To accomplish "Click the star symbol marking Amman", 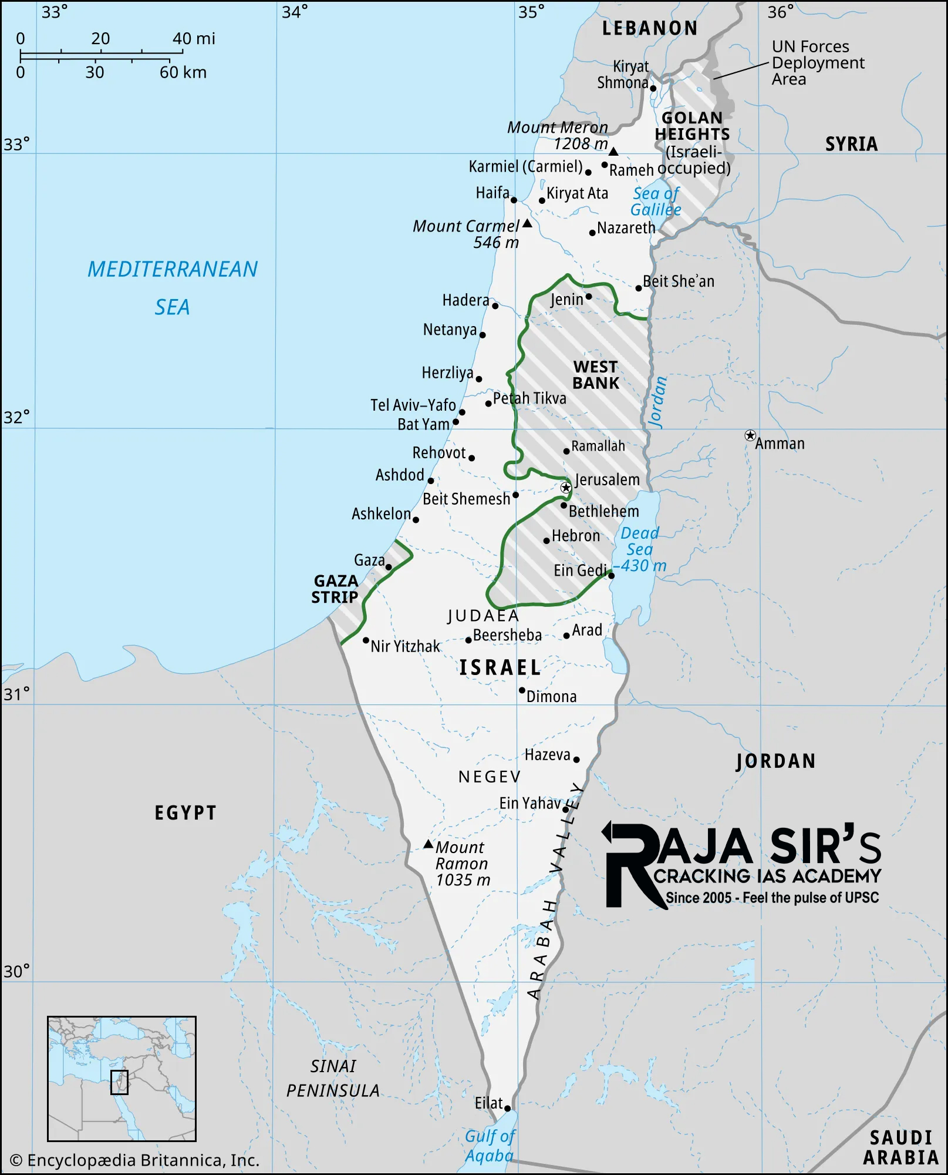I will pyautogui.click(x=750, y=435).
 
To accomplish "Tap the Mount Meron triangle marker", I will pyautogui.click(x=613, y=152).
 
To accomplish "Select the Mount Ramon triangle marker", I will pyautogui.click(x=429, y=845).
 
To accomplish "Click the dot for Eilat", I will pyautogui.click(x=508, y=1109).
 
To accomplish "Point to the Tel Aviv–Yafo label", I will pyautogui.click(x=413, y=405).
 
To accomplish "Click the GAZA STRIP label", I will pyautogui.click(x=335, y=589).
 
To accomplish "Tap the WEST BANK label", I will pyautogui.click(x=596, y=375).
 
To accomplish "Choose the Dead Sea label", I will pyautogui.click(x=639, y=541).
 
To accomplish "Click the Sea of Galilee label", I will pyautogui.click(x=656, y=202).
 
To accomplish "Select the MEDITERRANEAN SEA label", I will pyautogui.click(x=173, y=288).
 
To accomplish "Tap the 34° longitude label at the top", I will pyautogui.click(x=294, y=12).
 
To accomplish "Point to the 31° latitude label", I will pyautogui.click(x=16, y=694).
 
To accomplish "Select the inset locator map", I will pyautogui.click(x=122, y=1079).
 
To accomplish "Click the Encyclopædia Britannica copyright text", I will pyautogui.click(x=135, y=1160).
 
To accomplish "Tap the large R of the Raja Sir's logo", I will pyautogui.click(x=631, y=867).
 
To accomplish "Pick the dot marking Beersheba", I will pyautogui.click(x=468, y=640).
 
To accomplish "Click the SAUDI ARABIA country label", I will pyautogui.click(x=900, y=1147).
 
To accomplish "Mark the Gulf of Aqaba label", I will pyautogui.click(x=490, y=1146).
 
